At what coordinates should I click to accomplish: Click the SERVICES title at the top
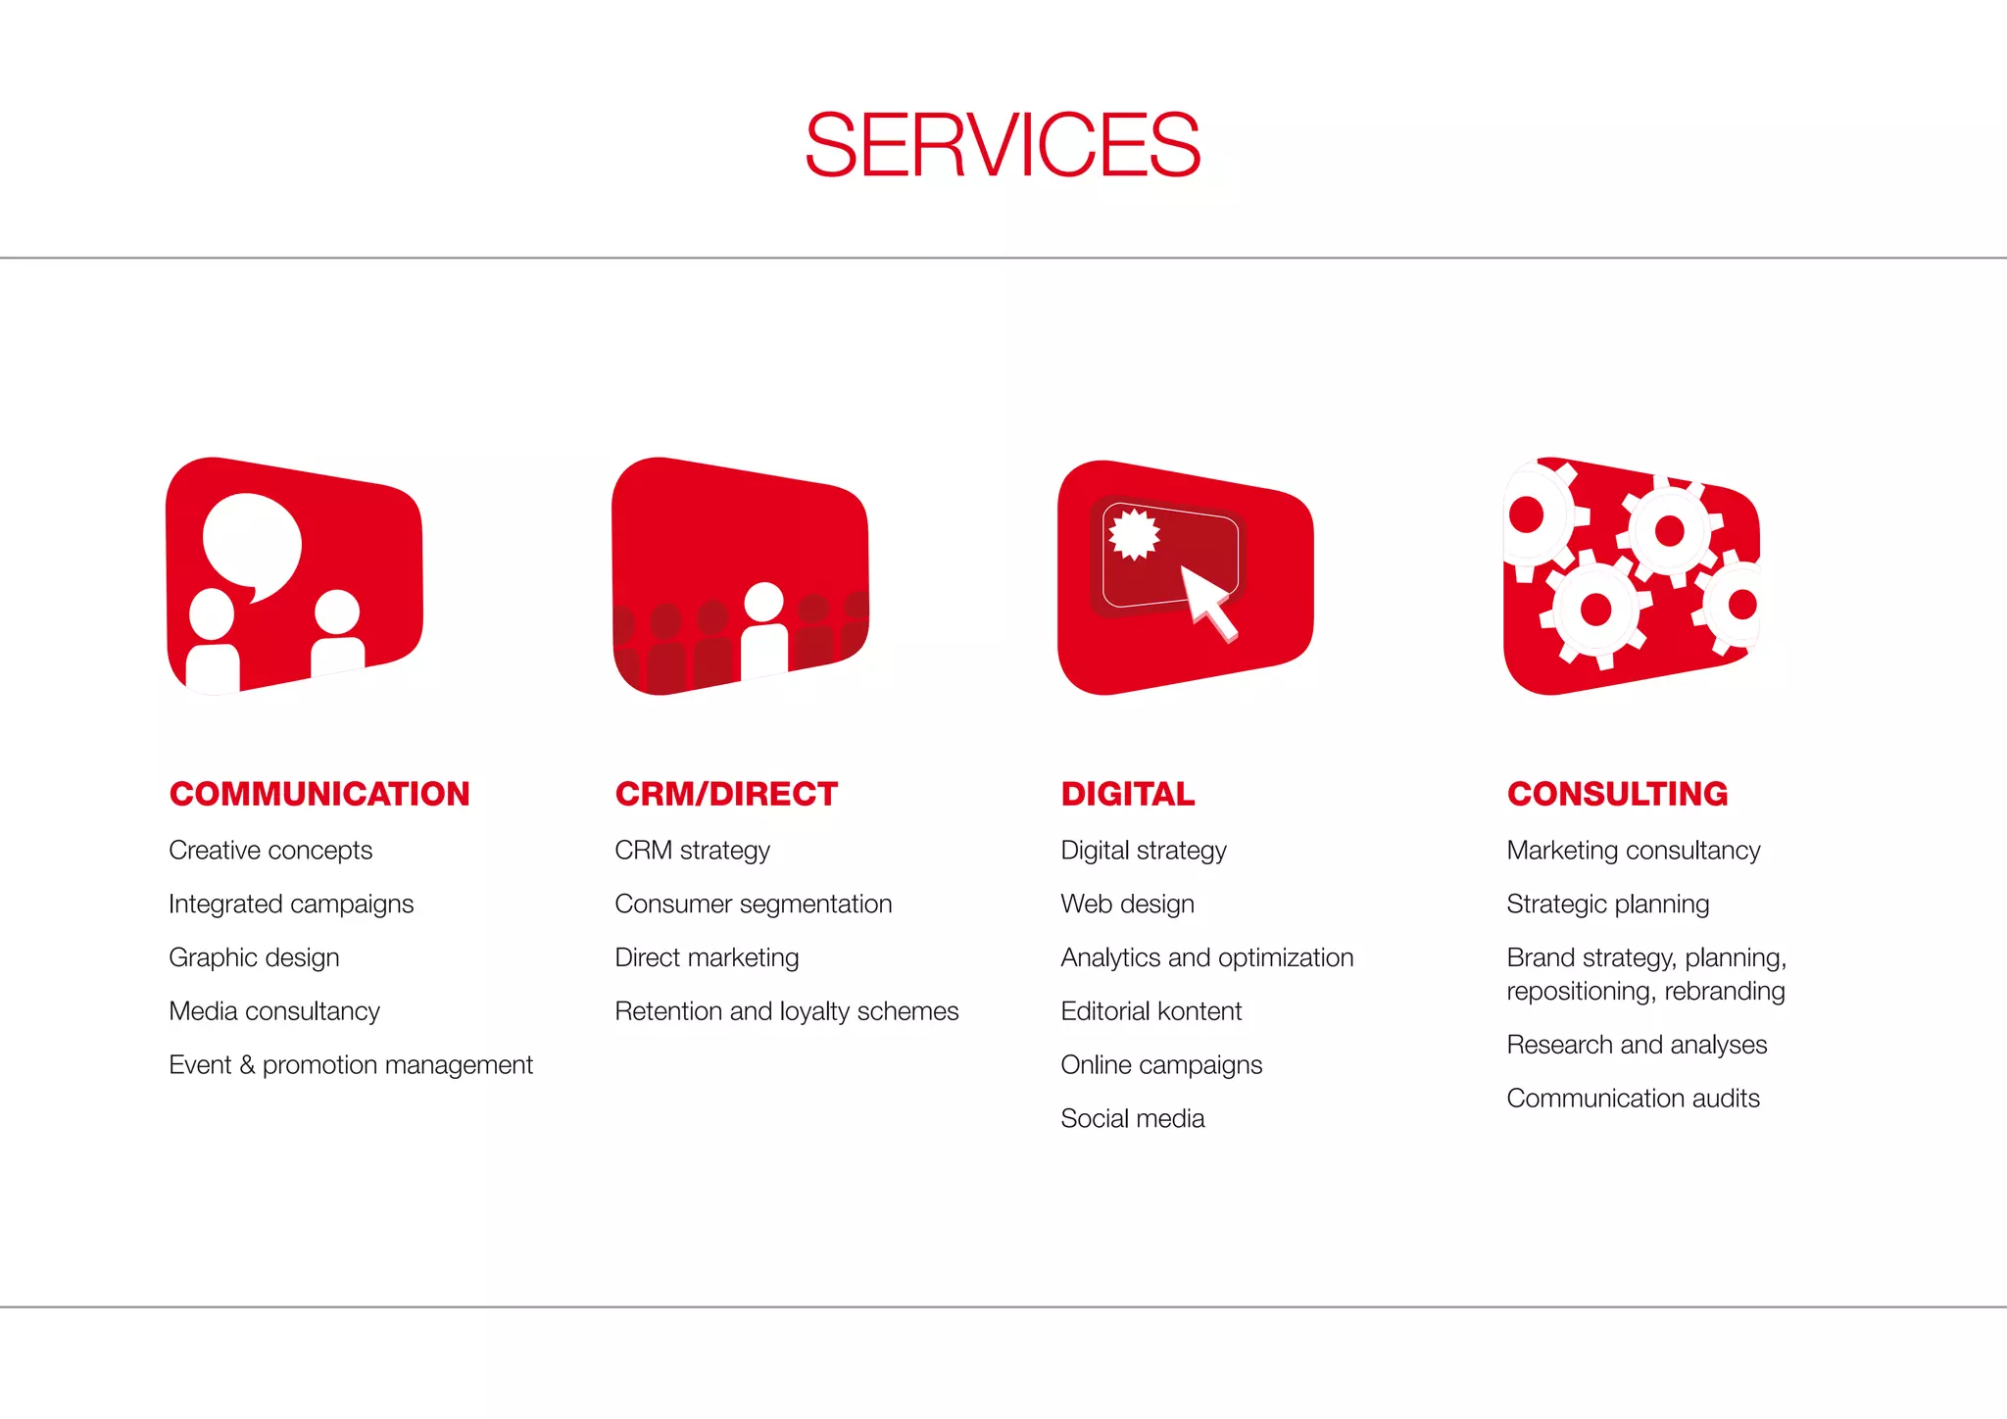(x=1003, y=145)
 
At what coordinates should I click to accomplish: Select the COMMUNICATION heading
(x=319, y=794)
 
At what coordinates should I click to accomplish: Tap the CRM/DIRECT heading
(x=726, y=794)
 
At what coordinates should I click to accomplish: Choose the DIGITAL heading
(x=1128, y=794)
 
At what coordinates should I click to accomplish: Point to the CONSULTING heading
(x=1617, y=794)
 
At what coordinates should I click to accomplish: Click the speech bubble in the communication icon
(x=251, y=544)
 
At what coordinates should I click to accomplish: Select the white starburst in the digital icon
(x=1134, y=534)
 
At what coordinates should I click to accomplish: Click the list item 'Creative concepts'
(x=270, y=851)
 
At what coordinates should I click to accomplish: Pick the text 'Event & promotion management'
(x=351, y=1065)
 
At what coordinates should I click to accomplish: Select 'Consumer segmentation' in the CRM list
(x=753, y=905)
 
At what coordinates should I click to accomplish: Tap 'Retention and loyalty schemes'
(x=786, y=1011)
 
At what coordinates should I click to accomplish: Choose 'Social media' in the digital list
(x=1132, y=1119)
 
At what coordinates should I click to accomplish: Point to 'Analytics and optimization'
(x=1206, y=957)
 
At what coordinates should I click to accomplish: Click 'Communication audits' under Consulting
(x=1633, y=1099)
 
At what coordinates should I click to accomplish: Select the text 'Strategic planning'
(x=1607, y=905)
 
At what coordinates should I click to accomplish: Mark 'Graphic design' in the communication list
(x=254, y=957)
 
